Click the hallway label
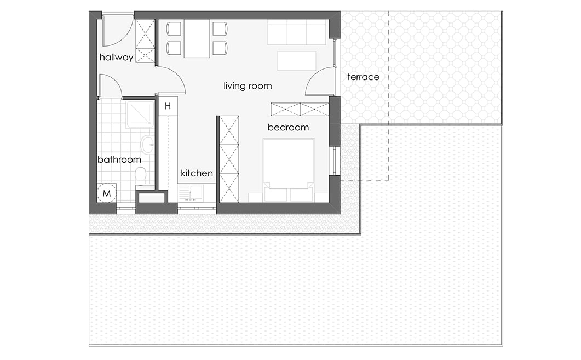click(116, 57)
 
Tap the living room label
click(248, 86)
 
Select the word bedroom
click(288, 128)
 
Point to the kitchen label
click(197, 173)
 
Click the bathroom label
click(119, 160)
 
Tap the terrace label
click(363, 77)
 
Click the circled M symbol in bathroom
click(107, 193)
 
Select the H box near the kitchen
click(168, 106)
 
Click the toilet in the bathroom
click(140, 175)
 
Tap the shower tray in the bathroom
click(140, 113)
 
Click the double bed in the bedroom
click(289, 170)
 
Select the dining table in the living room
click(197, 38)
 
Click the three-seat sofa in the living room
click(297, 32)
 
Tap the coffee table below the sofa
click(296, 61)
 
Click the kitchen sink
click(191, 193)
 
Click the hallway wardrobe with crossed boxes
click(145, 41)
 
